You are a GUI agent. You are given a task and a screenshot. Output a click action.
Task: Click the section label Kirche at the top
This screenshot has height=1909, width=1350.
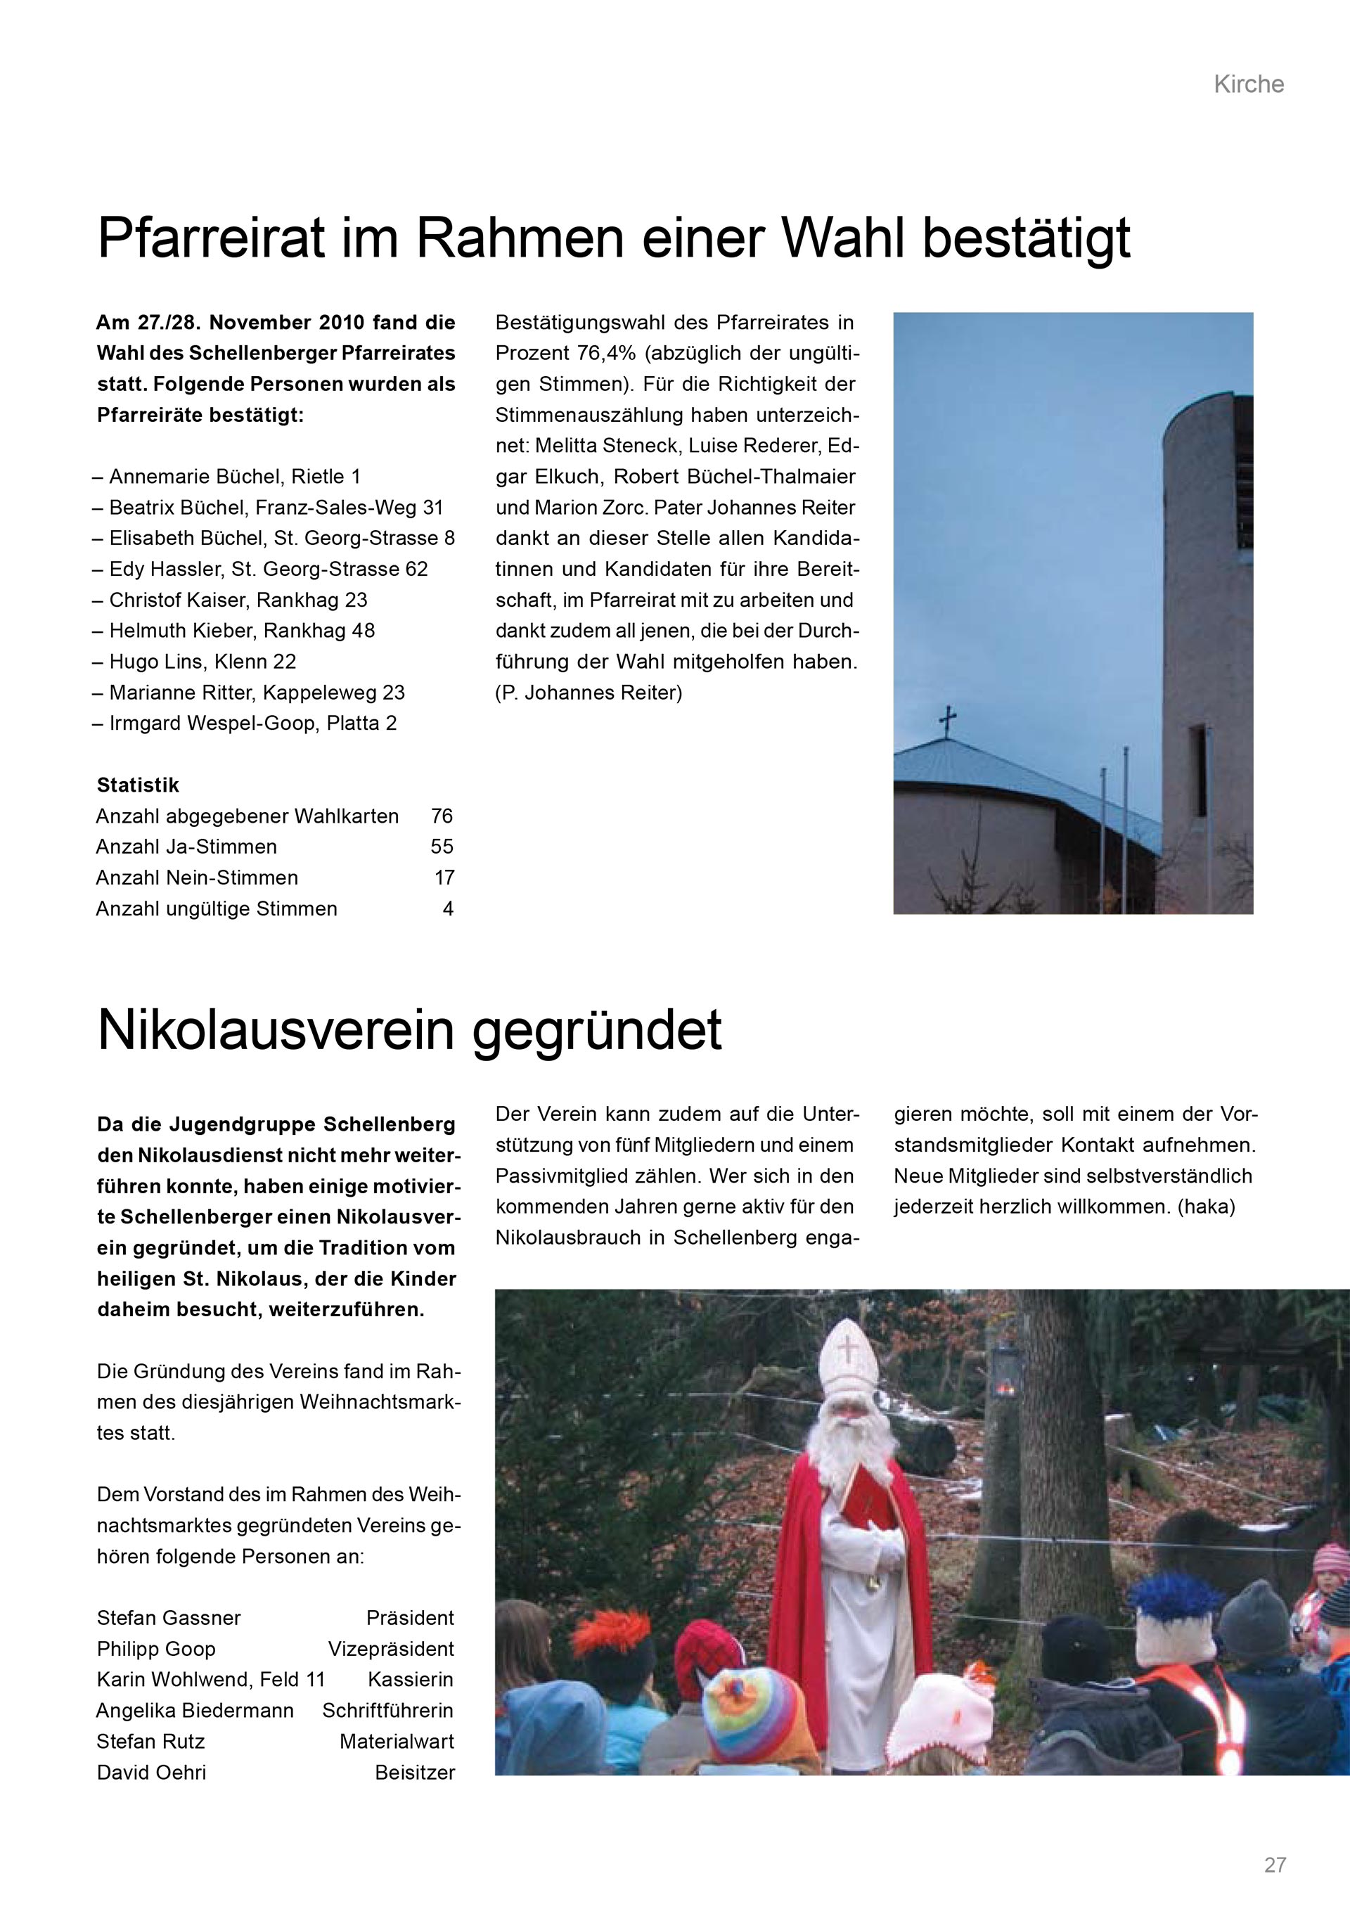1248,84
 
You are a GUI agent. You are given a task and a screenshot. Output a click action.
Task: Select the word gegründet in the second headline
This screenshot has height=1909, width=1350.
598,1030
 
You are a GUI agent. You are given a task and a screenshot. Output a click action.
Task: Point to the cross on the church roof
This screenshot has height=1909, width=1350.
947,719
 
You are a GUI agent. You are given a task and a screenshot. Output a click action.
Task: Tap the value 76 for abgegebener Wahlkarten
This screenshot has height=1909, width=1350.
442,816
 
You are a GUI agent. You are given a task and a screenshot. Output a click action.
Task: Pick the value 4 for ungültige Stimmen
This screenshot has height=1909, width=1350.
448,908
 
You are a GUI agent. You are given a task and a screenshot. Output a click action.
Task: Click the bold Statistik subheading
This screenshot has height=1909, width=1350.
138,785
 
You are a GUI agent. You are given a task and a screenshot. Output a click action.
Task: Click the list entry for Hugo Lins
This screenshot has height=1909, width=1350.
202,662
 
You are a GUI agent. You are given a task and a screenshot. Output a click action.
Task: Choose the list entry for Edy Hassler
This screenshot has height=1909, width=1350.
268,570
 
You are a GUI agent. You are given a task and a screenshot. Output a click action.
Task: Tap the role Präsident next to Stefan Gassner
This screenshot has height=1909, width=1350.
410,1618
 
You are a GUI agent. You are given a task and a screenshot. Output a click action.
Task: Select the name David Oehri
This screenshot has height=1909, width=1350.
151,1772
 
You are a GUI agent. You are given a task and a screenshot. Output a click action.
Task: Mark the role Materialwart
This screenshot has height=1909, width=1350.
397,1741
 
